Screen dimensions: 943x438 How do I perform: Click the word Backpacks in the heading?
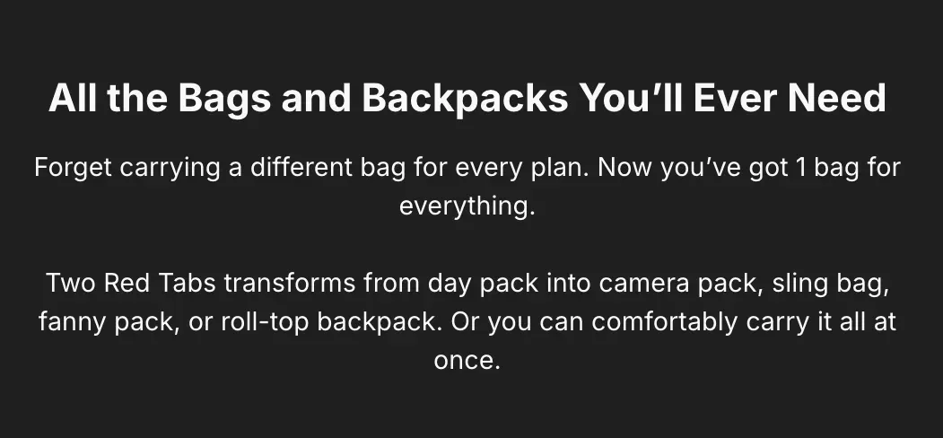465,98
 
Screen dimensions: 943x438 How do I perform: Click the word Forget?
73,167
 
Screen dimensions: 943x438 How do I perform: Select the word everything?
467,206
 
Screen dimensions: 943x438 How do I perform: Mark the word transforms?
290,284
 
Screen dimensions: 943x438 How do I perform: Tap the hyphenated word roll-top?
265,323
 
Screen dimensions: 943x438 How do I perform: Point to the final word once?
467,361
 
